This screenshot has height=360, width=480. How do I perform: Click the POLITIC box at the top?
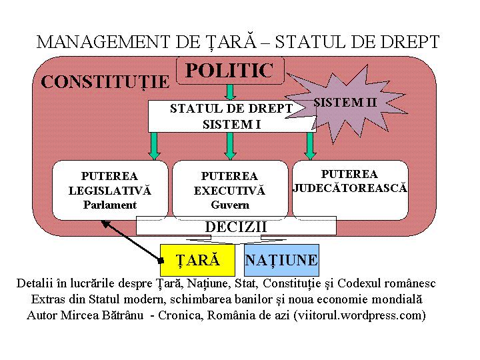tap(230, 71)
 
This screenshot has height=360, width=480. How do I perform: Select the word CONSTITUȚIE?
tap(105, 82)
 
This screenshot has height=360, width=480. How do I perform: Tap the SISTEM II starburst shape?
tap(345, 103)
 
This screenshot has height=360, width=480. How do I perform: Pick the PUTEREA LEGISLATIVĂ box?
tap(110, 190)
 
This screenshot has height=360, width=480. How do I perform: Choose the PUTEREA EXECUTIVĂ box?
tap(230, 190)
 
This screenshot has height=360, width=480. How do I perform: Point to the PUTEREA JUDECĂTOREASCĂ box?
tap(350, 190)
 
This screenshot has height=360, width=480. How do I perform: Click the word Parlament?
tap(110, 205)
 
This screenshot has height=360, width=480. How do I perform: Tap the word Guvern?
tap(230, 205)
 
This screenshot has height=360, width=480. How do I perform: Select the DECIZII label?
tap(236, 227)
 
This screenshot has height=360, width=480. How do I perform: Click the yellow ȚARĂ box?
tap(197, 260)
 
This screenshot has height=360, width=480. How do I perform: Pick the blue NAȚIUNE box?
tap(281, 260)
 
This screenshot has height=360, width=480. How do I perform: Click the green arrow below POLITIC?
tap(230, 92)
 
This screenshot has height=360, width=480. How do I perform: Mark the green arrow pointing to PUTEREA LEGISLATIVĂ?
tap(154, 146)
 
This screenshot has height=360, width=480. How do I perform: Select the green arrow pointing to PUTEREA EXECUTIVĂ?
tap(230, 146)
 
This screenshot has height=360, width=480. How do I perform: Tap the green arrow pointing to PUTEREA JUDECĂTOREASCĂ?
tap(310, 146)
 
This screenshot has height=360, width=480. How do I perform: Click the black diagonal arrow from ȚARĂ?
tap(132, 241)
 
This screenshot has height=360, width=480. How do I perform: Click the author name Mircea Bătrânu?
tap(102, 315)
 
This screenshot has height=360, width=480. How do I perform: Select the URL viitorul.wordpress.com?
tap(360, 315)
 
